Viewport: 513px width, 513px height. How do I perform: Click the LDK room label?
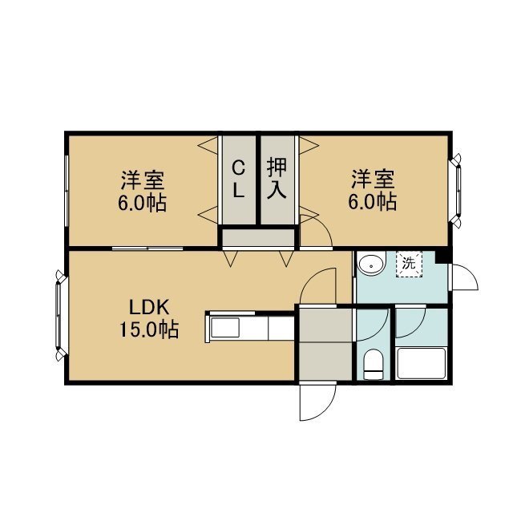[x=149, y=308]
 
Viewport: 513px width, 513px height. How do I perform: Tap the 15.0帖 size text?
[x=149, y=329]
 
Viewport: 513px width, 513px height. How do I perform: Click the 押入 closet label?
[x=277, y=178]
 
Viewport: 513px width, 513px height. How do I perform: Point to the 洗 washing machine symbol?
[x=409, y=264]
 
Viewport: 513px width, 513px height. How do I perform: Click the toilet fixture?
[x=374, y=364]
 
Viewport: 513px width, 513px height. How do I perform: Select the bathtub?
[x=421, y=363]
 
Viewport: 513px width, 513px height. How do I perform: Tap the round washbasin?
[x=372, y=265]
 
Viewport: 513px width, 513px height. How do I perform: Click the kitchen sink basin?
[x=224, y=328]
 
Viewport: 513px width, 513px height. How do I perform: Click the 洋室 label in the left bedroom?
[x=143, y=180]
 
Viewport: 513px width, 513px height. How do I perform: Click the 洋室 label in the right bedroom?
[x=373, y=179]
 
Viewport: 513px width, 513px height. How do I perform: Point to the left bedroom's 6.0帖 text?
[x=143, y=203]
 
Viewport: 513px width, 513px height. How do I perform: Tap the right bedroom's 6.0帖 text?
[x=373, y=201]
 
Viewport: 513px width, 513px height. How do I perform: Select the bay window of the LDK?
[x=59, y=315]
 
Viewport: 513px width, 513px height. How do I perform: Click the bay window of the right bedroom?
[x=457, y=189]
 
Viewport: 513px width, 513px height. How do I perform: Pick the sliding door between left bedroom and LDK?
[x=147, y=248]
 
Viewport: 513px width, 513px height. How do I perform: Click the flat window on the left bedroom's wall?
[x=67, y=191]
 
